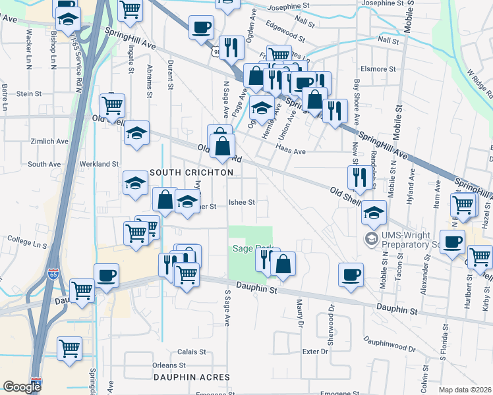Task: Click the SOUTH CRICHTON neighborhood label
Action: coord(191,172)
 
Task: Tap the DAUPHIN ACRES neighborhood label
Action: coord(191,377)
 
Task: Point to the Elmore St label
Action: coord(378,68)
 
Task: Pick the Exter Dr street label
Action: coord(315,352)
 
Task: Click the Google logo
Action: coord(22,386)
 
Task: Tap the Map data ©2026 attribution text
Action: coord(464,390)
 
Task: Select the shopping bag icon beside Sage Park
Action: coord(283,263)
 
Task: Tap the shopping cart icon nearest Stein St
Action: coord(113,105)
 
